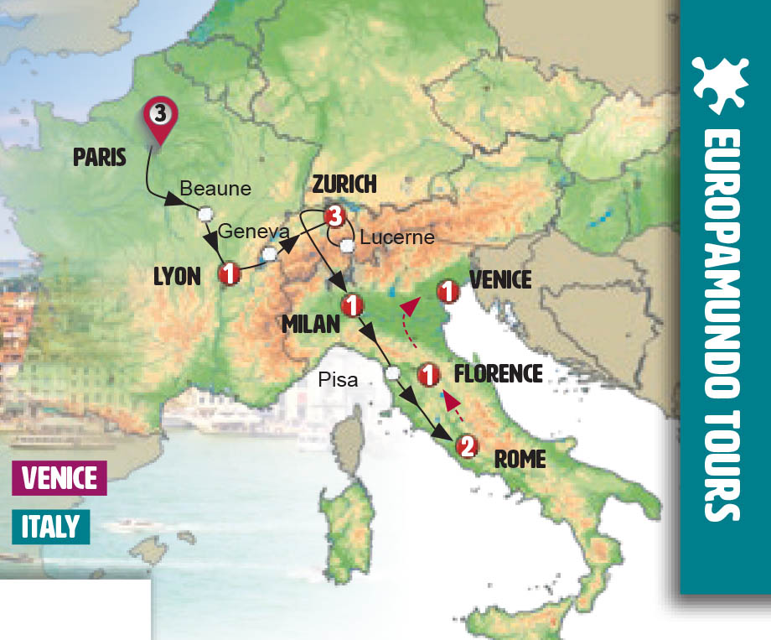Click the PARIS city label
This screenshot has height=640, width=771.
(x=100, y=157)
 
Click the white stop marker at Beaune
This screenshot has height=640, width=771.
(x=204, y=214)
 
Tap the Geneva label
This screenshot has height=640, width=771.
(x=249, y=232)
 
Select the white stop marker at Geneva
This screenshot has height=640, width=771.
(x=269, y=253)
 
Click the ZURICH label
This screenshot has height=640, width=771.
(x=344, y=184)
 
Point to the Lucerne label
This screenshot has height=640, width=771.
(x=396, y=237)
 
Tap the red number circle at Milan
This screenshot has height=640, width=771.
(x=350, y=304)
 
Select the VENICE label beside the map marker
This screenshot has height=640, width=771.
(x=501, y=279)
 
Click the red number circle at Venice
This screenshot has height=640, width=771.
(x=449, y=292)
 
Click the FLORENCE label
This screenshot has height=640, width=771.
(x=499, y=373)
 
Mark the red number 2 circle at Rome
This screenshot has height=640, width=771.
(x=466, y=447)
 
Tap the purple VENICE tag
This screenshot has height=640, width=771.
(x=59, y=478)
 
